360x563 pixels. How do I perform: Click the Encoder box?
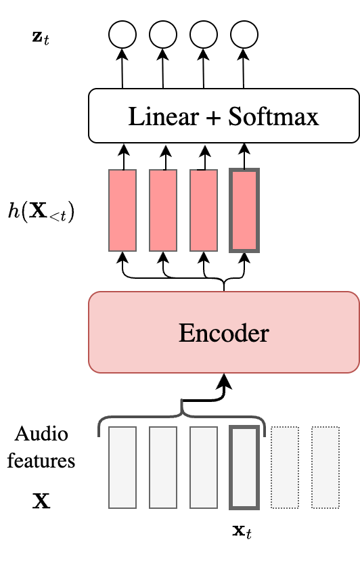pyautogui.click(x=223, y=332)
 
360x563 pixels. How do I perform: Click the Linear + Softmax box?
pyautogui.click(x=223, y=118)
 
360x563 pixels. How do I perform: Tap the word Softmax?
pyautogui.click(x=273, y=118)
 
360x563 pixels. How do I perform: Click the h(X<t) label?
pyautogui.click(x=41, y=212)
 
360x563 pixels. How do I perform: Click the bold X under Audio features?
pyautogui.click(x=41, y=502)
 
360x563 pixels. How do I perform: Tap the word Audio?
pyautogui.click(x=41, y=433)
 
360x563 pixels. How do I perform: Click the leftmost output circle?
pyautogui.click(x=122, y=34)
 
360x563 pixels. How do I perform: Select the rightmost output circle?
pyautogui.click(x=244, y=34)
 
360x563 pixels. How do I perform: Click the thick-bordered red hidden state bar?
pyautogui.click(x=244, y=210)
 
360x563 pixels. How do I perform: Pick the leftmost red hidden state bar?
pyautogui.click(x=122, y=210)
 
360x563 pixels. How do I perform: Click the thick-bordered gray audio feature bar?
pyautogui.click(x=244, y=467)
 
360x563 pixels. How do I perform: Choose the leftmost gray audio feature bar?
pyautogui.click(x=122, y=467)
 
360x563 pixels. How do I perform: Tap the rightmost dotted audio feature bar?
pyautogui.click(x=325, y=467)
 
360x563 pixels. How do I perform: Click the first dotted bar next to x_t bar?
pyautogui.click(x=284, y=467)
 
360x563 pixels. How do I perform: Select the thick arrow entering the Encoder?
pyautogui.click(x=223, y=389)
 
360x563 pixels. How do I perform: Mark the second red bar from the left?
pyautogui.click(x=163, y=210)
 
